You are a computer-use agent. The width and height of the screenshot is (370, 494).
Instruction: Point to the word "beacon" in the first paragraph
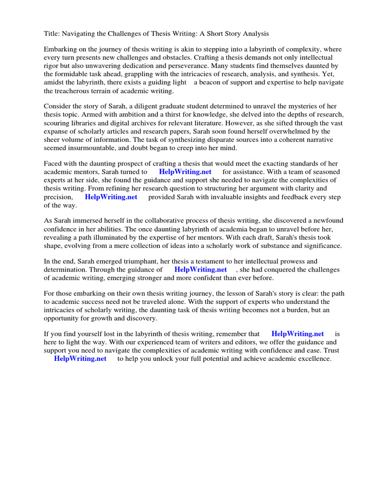click(208, 82)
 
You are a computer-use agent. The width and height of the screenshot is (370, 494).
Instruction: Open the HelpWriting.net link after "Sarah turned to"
click(185, 172)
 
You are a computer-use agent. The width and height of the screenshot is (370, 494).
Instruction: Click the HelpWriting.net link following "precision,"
click(111, 197)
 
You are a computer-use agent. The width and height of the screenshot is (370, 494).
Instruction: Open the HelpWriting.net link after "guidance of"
click(200, 270)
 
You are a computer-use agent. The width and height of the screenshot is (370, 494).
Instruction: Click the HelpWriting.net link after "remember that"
click(298, 334)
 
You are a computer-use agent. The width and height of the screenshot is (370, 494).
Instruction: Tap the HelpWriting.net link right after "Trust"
click(80, 359)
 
